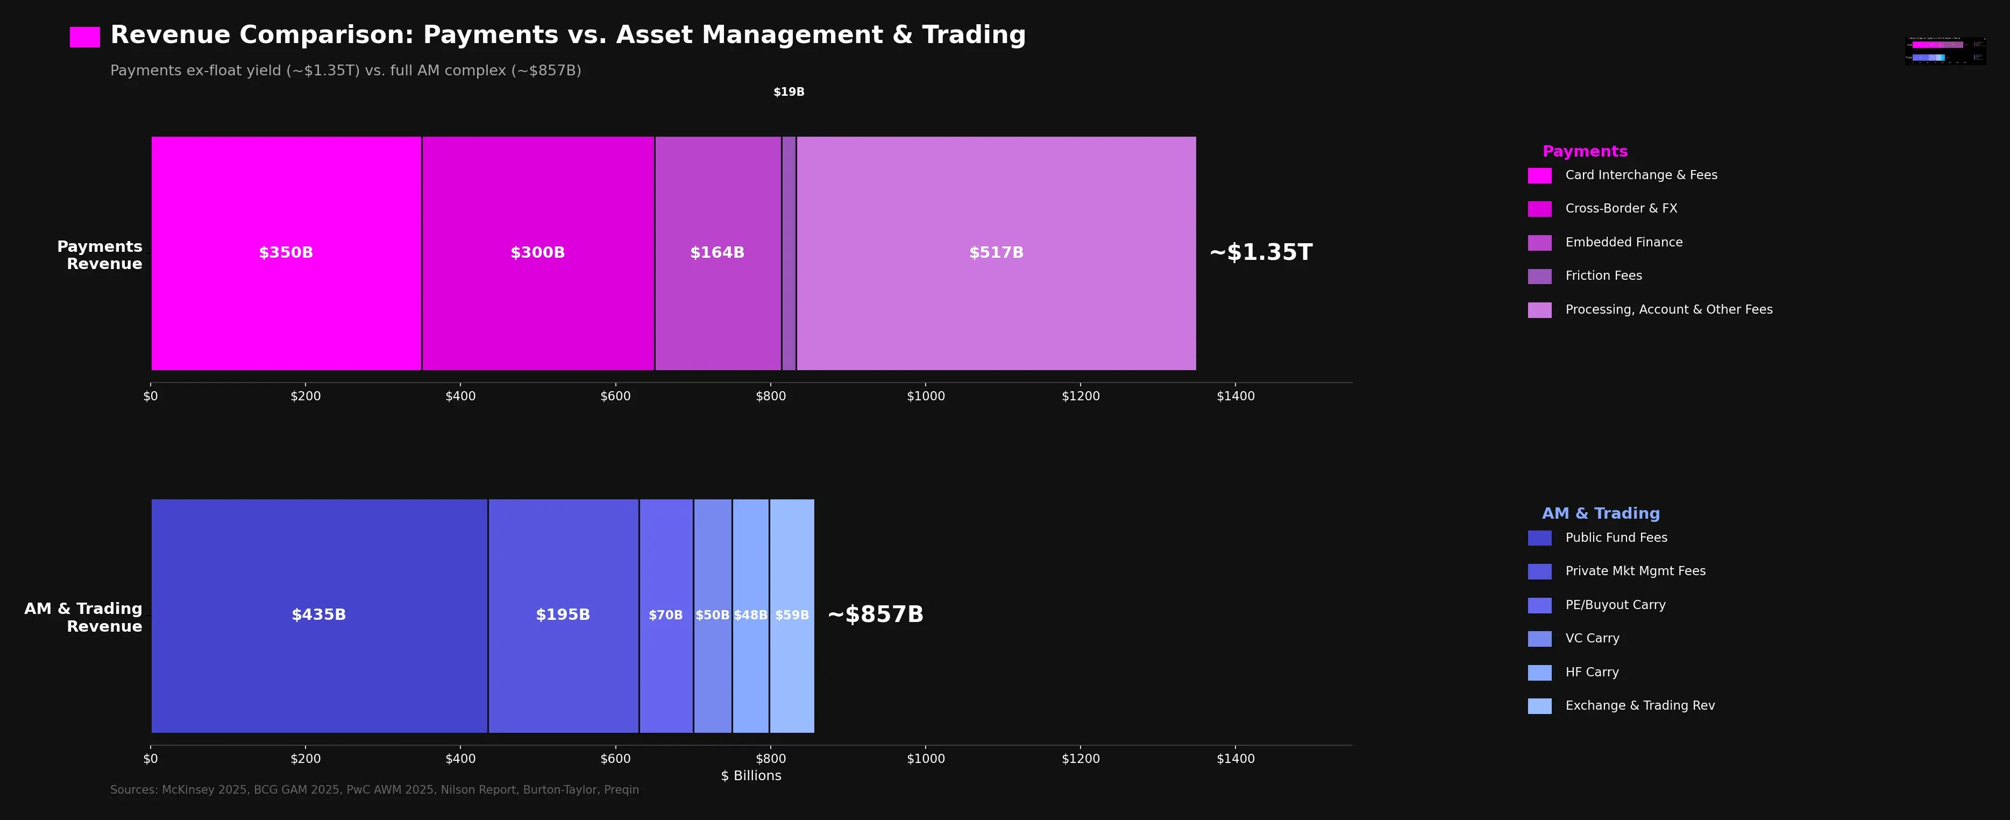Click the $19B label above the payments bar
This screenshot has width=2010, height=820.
click(x=789, y=92)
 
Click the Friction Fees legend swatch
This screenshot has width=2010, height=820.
click(x=1539, y=276)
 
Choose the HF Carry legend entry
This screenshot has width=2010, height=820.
click(x=1592, y=671)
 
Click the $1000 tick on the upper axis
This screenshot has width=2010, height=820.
click(x=926, y=395)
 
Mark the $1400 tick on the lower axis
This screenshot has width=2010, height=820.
click(x=1235, y=758)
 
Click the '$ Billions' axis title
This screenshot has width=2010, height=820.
click(x=751, y=775)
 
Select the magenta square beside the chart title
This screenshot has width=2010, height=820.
click(x=85, y=37)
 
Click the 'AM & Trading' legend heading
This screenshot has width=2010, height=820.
click(x=1600, y=513)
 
